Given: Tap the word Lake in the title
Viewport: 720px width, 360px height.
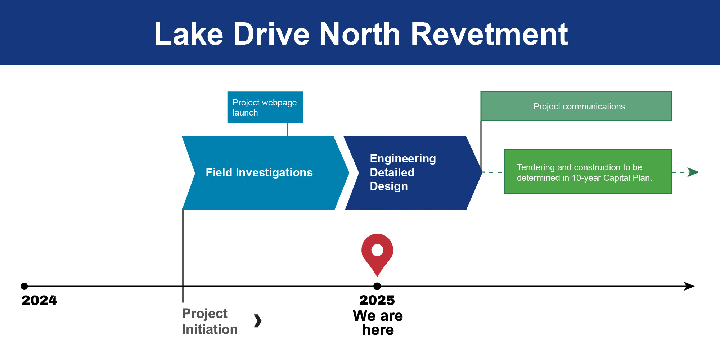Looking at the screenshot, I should point(189,34).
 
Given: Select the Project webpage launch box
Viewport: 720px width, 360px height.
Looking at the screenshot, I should point(265,107).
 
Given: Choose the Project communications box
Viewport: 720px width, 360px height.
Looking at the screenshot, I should point(576,106).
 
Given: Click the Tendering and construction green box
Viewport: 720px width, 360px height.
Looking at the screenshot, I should point(588,172).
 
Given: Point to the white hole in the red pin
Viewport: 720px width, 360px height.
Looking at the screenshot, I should point(377,250).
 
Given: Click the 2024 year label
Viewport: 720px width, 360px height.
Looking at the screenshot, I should point(39,300).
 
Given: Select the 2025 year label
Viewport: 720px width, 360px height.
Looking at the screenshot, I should point(377,300).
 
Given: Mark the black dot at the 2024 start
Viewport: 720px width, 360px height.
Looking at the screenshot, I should point(24,286).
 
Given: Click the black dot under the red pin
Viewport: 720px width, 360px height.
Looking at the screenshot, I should point(377,286).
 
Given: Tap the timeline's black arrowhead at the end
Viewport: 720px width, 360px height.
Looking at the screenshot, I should point(689,286).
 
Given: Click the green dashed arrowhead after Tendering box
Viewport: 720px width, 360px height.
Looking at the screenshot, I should point(693,172).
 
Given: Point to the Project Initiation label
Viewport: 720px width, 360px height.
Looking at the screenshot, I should point(210,321).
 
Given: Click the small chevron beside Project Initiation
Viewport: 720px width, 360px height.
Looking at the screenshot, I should point(258,321).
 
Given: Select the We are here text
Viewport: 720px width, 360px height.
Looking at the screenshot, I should point(378,323).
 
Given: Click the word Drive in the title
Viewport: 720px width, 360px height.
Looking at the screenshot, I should point(271,34).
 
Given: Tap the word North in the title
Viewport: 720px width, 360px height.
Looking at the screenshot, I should point(360,34).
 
